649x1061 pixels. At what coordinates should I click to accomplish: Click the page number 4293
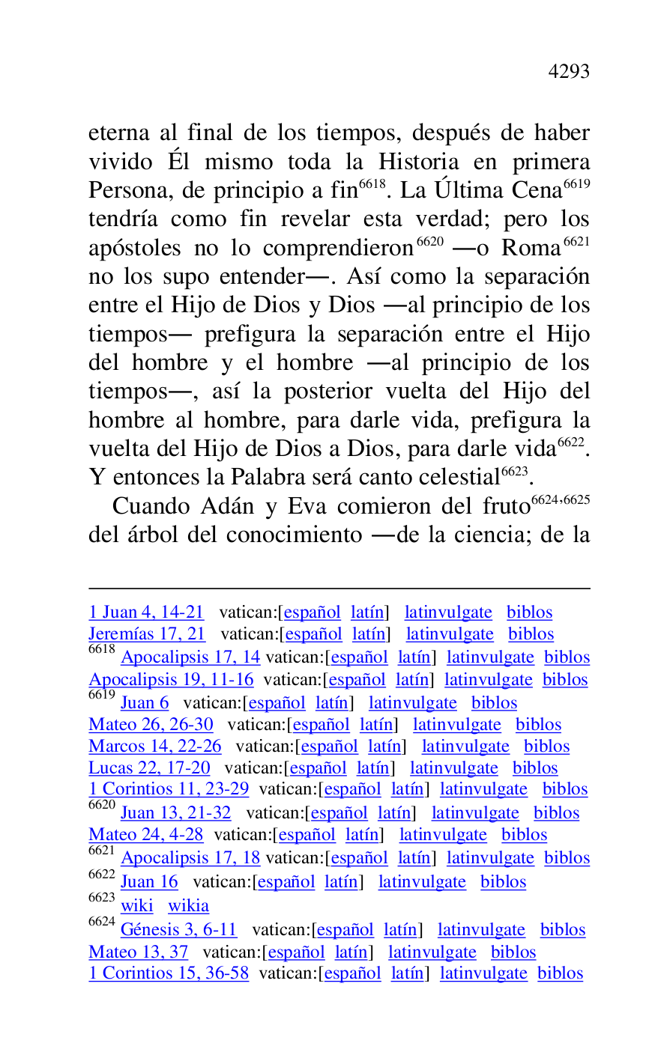pos(569,72)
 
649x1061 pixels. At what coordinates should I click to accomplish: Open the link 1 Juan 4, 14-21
pos(146,612)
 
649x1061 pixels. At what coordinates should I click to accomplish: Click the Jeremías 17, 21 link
pos(147,634)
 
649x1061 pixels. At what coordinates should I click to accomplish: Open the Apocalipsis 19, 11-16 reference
pos(171,680)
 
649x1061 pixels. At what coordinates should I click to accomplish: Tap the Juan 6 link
pos(145,703)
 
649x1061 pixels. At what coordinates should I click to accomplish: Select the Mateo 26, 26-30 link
pos(151,725)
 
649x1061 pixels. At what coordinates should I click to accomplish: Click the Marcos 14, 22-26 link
pos(155,747)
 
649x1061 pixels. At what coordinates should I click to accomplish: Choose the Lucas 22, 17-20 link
pos(149,768)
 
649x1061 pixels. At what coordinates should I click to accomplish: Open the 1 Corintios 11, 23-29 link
pos(169,789)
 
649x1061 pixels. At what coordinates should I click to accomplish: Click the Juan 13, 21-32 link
pos(175,813)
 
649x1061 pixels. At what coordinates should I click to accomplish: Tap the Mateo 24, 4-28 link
pos(145,835)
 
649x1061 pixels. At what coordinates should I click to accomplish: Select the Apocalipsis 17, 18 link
pos(190,858)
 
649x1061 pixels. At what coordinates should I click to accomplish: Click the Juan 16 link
pos(149,882)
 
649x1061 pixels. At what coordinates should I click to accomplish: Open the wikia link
pos(188,906)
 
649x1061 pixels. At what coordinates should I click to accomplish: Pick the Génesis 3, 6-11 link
pos(178,930)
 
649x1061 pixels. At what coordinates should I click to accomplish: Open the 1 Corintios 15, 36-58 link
pos(169,973)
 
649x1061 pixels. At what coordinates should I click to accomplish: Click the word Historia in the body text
pos(418,162)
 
